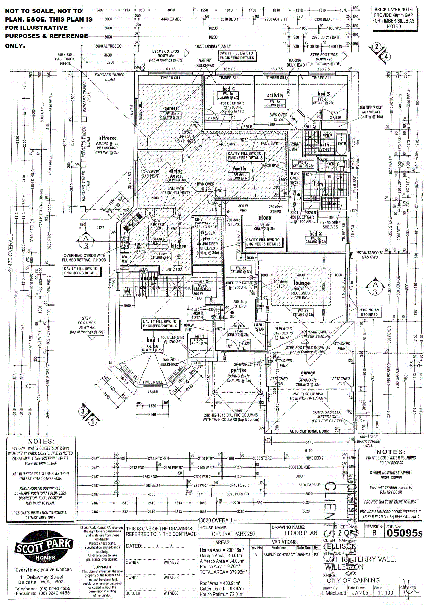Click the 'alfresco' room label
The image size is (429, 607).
(107, 138)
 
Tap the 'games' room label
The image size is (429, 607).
(171, 109)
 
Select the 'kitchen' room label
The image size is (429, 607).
(178, 246)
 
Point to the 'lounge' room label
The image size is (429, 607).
(301, 283)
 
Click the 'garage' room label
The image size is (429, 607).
(308, 373)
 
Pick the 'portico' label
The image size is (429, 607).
(239, 370)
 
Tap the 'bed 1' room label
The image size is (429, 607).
(153, 340)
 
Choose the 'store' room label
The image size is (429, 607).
(264, 218)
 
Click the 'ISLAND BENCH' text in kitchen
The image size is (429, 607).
(158, 241)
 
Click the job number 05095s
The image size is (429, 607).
(404, 533)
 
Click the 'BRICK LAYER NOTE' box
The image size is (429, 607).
(393, 18)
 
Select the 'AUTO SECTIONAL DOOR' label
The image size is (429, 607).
(309, 431)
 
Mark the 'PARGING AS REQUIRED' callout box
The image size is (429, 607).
(369, 312)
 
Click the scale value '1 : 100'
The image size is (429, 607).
(384, 592)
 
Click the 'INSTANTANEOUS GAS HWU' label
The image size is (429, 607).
(369, 255)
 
